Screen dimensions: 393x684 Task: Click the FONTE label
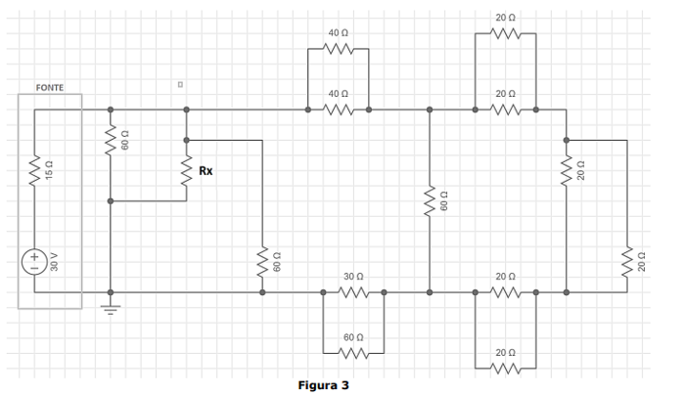point(49,88)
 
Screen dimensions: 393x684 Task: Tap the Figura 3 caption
point(323,385)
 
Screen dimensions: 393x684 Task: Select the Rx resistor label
point(205,171)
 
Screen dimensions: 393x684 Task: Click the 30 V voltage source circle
point(34,262)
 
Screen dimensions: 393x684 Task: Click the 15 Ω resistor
point(34,171)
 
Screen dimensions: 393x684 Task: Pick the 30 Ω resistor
point(353,291)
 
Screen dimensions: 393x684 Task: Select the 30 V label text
point(54,262)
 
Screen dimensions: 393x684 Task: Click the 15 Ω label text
point(54,171)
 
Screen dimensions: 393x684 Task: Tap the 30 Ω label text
point(353,278)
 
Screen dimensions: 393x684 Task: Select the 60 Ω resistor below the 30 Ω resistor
point(353,352)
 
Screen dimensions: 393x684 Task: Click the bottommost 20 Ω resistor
point(505,368)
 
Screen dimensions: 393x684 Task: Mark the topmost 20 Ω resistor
point(505,35)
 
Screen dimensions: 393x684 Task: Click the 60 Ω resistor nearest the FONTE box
point(110,142)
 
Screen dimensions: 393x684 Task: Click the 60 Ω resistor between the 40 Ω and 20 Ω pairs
point(430,201)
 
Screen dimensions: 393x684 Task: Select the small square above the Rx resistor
point(180,85)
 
